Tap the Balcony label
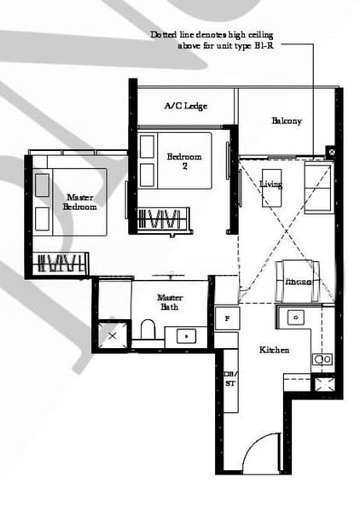[287, 120]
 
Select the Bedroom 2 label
[184, 161]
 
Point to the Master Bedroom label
[82, 201]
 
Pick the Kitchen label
[274, 350]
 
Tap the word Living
[271, 184]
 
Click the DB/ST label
[228, 379]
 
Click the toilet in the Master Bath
[148, 329]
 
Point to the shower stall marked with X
[113, 335]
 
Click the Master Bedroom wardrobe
[61, 261]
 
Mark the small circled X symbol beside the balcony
[330, 152]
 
